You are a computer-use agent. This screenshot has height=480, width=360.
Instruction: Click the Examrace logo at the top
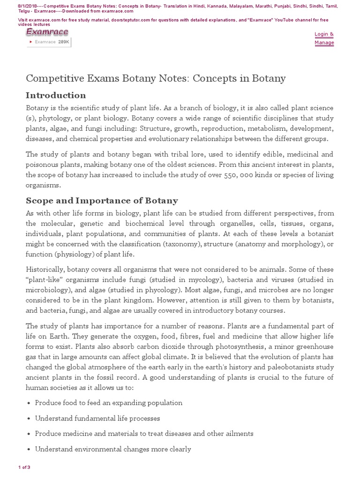[x=47, y=32]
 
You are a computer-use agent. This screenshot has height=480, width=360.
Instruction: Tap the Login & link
[x=324, y=34]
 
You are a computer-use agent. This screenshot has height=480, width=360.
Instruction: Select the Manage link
[x=324, y=43]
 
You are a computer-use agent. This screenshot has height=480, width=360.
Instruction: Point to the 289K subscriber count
[x=64, y=42]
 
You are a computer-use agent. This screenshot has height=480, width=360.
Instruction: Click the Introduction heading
[x=56, y=96]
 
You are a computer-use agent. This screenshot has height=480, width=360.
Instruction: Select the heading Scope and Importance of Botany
[x=102, y=201]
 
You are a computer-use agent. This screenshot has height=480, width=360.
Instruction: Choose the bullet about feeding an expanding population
[x=109, y=403]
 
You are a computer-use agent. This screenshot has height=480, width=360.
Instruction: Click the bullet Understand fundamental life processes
[x=97, y=418]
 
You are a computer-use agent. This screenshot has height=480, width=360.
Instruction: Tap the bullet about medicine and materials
[x=144, y=434]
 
